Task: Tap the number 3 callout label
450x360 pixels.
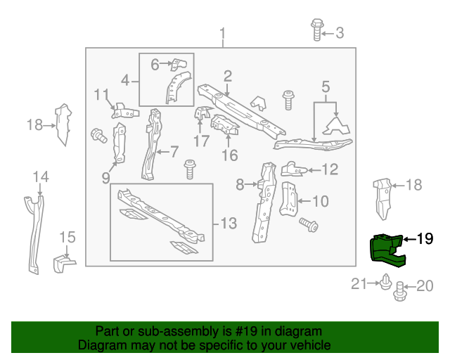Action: [340, 32]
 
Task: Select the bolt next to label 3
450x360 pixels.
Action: [316, 30]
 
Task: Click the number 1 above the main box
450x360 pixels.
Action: [223, 34]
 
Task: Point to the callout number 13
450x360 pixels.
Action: [229, 224]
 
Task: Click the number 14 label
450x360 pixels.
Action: [40, 176]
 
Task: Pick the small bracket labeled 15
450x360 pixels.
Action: [63, 264]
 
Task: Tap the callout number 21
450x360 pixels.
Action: [359, 284]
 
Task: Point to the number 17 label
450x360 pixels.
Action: [202, 141]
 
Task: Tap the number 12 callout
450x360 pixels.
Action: [329, 169]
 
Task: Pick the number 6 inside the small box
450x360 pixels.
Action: [155, 65]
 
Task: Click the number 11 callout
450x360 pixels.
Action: [102, 94]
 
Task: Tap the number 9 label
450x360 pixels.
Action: [106, 178]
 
